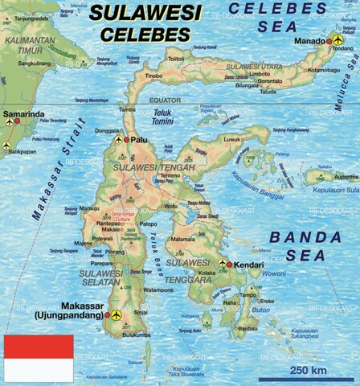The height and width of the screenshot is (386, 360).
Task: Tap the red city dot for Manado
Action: click(329, 40)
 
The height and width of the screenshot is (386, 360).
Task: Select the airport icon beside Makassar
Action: click(117, 314)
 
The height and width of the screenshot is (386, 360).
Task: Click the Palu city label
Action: click(141, 139)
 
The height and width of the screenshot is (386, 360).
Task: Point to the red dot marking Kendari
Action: click(229, 265)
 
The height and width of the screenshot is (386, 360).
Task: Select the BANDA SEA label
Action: click(297, 246)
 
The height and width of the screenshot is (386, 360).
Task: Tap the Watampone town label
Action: click(159, 289)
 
